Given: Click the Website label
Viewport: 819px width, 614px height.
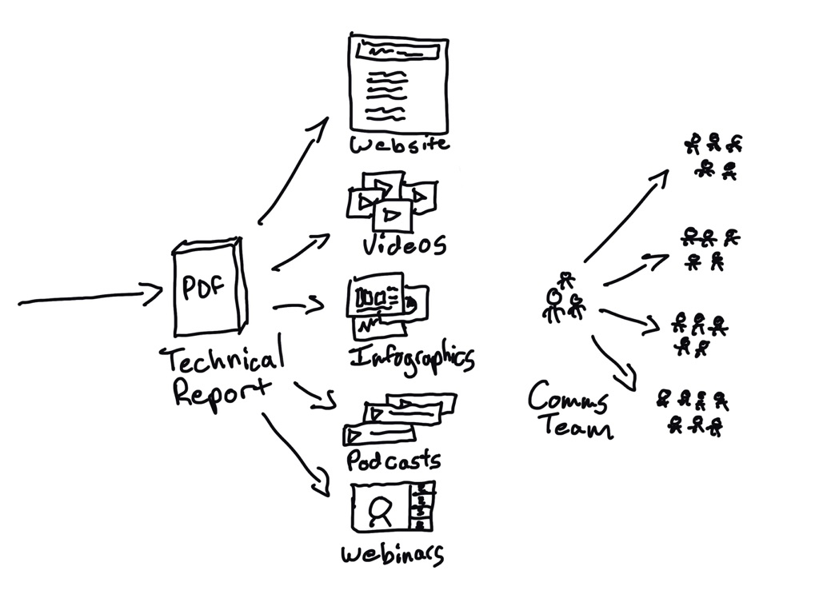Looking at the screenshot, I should tap(398, 146).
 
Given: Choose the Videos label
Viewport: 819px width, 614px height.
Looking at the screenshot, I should tap(404, 243).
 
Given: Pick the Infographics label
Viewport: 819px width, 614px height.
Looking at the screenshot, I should tap(413, 357).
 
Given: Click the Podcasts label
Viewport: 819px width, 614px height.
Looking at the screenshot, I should tap(394, 460).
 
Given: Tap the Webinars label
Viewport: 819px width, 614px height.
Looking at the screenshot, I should tap(392, 553).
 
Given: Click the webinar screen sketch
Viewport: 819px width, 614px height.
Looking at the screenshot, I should tap(392, 507).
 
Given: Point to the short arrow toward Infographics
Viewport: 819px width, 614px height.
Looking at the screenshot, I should tap(298, 305).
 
